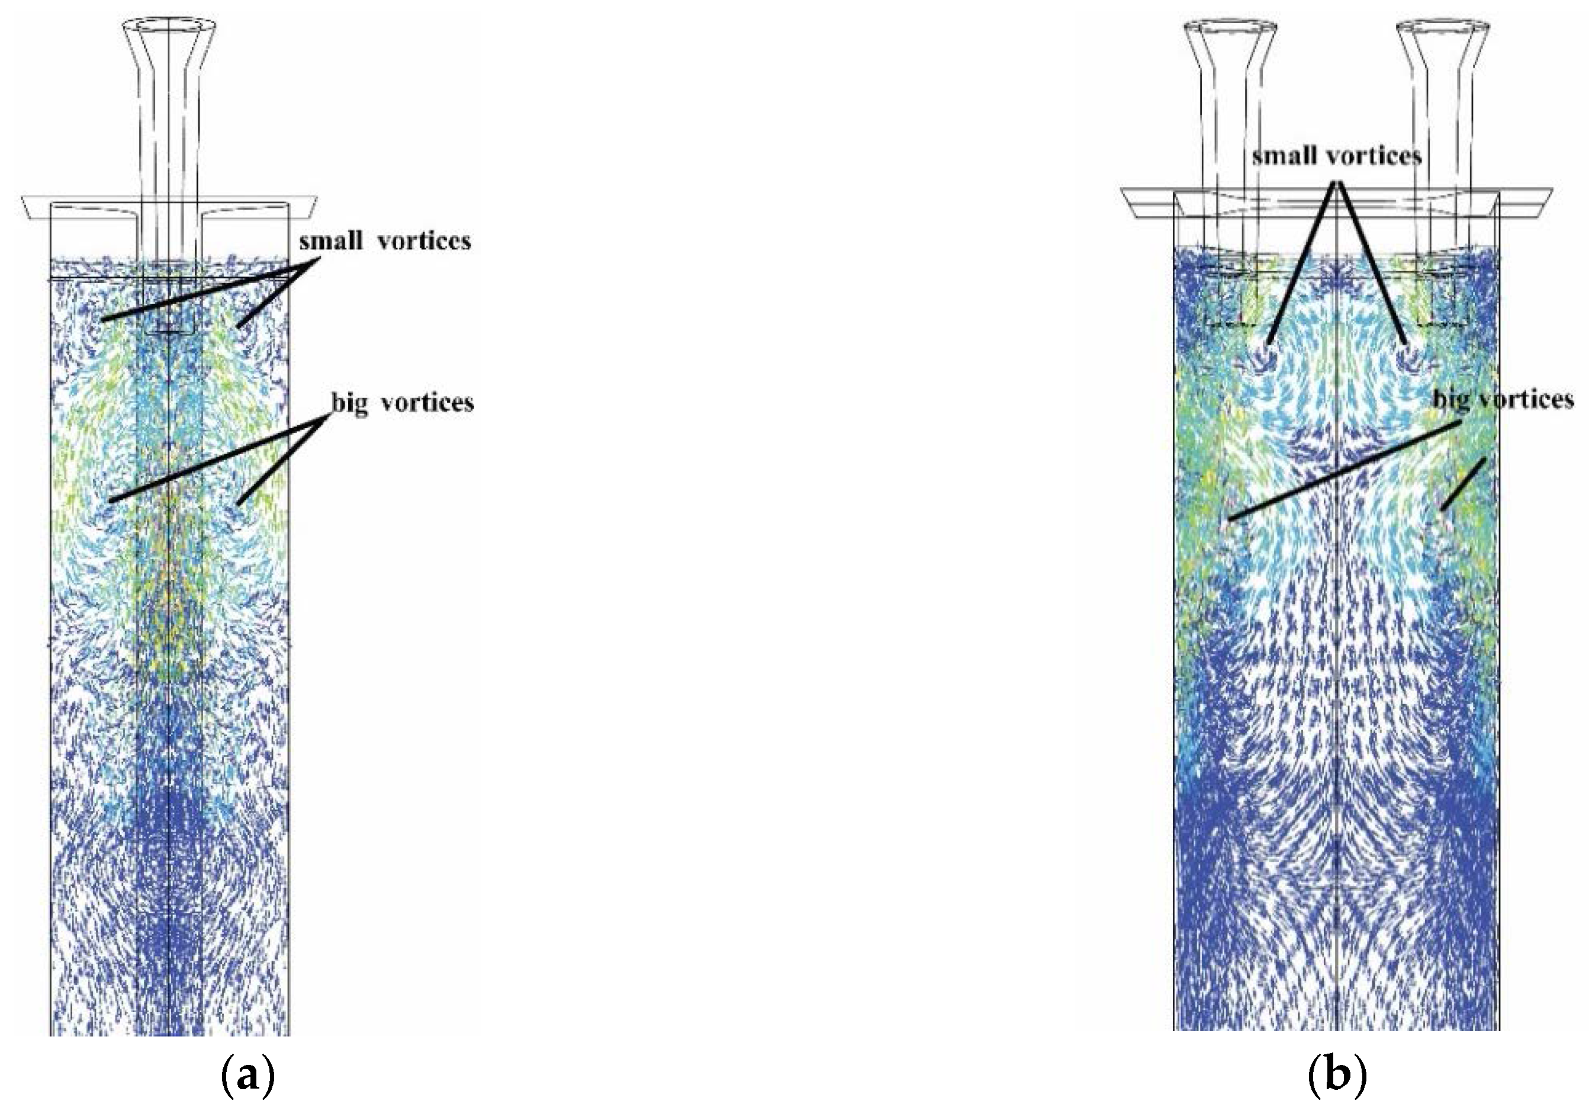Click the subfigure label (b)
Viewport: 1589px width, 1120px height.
tap(1338, 1078)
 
